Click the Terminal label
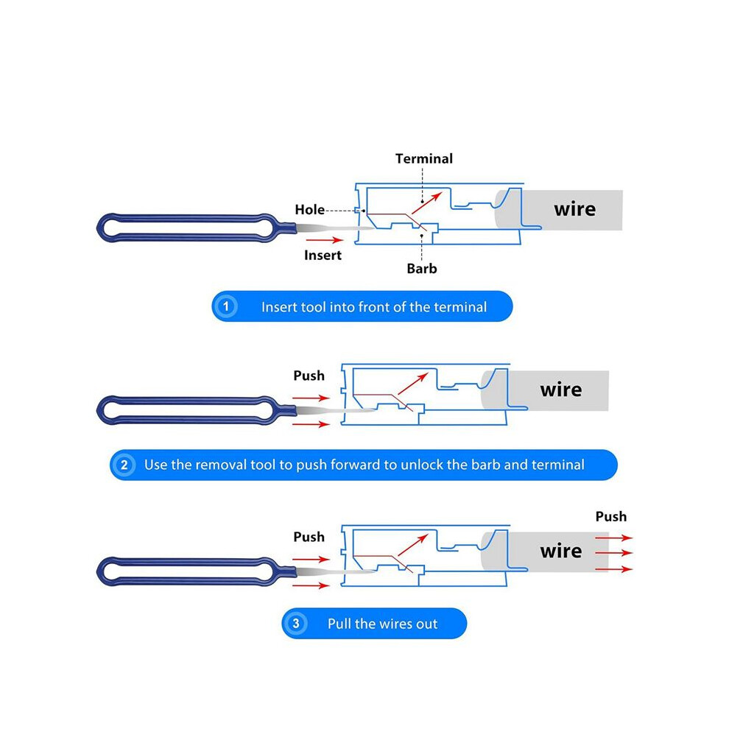pos(423,158)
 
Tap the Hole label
pos(309,210)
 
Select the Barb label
pos(422,269)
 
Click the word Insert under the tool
pos(323,256)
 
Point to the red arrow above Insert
pos(325,240)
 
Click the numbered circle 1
pos(226,306)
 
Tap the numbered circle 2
pos(124,465)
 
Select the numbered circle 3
pos(296,623)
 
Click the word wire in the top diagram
pos(574,210)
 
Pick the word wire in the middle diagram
pos(560,390)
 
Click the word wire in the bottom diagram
pos(560,552)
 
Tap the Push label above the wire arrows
pos(611,516)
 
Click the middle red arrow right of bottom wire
pos(613,553)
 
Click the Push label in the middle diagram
pos(309,376)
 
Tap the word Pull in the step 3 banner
pos(340,624)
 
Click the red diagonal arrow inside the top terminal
pos(426,203)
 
